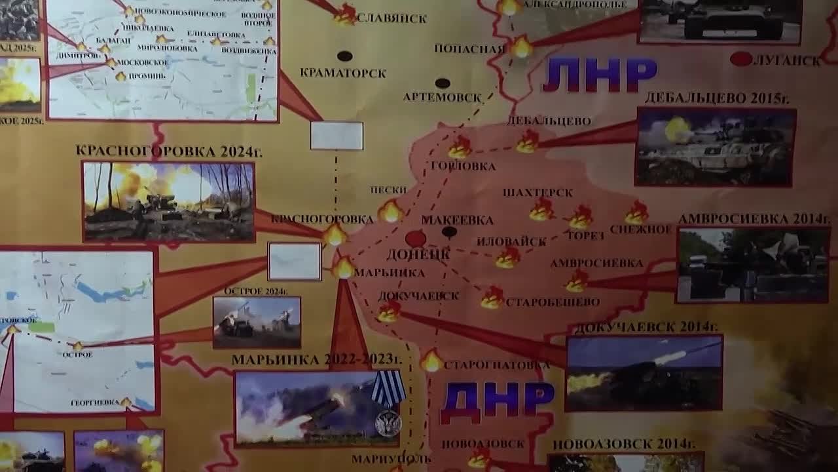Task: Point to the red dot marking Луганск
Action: (x=741, y=59)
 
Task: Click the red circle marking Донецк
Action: (x=415, y=239)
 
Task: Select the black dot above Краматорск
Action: (x=344, y=56)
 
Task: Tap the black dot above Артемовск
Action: (x=443, y=83)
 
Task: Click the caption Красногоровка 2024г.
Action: (x=169, y=151)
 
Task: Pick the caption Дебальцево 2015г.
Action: (x=717, y=98)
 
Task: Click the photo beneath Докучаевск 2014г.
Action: (x=644, y=373)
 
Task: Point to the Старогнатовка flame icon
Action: (x=431, y=361)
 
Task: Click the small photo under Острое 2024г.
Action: (x=257, y=322)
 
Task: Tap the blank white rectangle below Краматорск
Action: (x=337, y=136)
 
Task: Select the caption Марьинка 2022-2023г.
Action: (x=316, y=360)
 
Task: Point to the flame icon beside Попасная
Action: (x=522, y=47)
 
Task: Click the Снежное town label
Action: (x=641, y=229)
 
